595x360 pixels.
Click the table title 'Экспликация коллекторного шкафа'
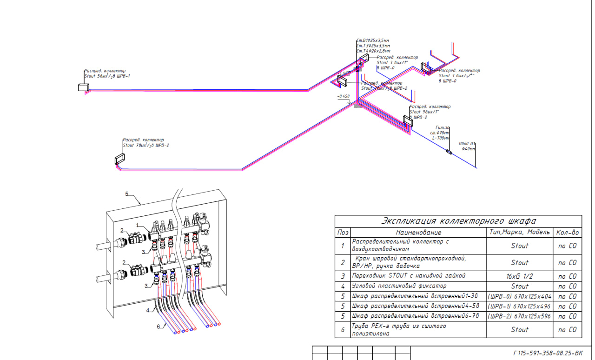(x=458, y=221)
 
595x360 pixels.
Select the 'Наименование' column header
(x=418, y=232)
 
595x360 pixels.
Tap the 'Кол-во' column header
(x=568, y=232)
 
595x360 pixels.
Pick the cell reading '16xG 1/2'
(x=520, y=276)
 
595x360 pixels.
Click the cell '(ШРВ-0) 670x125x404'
(x=520, y=296)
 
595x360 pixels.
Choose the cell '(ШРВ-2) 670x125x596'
(x=520, y=316)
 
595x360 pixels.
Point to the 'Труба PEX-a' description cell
(x=399, y=329)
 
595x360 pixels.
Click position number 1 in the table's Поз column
(x=343, y=246)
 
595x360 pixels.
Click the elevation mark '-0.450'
(x=344, y=96)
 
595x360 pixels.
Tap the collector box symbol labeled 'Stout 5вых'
(x=84, y=87)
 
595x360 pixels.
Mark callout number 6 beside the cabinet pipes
(x=158, y=327)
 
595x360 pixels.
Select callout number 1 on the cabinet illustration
(x=138, y=225)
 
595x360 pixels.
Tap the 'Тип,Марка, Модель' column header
(x=520, y=232)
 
